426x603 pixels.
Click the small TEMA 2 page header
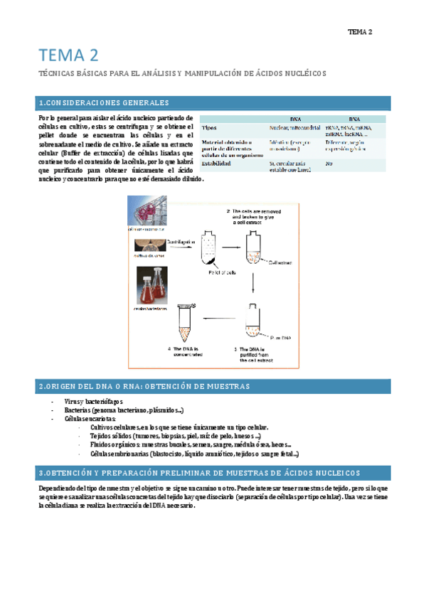point(360,31)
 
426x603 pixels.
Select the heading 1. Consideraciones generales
point(104,102)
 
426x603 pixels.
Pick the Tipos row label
point(210,127)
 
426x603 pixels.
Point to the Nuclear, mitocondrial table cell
point(294,127)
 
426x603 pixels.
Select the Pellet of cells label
point(213,272)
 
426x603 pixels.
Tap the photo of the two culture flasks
point(149,285)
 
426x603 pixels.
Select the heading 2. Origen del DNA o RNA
point(144,387)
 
